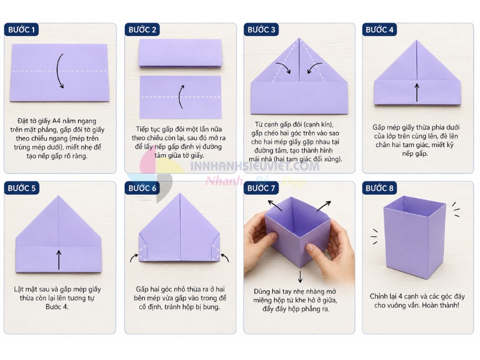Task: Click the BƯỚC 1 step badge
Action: [22, 29]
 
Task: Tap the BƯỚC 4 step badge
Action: [380, 29]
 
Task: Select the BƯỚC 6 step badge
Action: [142, 188]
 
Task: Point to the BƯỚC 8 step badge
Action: [380, 188]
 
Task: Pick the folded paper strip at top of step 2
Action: [180, 53]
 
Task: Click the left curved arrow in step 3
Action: [283, 67]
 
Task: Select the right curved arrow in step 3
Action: [314, 67]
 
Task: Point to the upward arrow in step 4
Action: [416, 92]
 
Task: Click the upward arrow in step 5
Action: [59, 260]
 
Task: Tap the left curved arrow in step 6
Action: [133, 257]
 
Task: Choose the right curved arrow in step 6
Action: [225, 257]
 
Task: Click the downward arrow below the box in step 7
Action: [300, 276]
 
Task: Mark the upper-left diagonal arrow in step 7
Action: [275, 205]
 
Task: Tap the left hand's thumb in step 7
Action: [270, 238]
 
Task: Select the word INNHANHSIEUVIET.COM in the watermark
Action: [254, 166]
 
